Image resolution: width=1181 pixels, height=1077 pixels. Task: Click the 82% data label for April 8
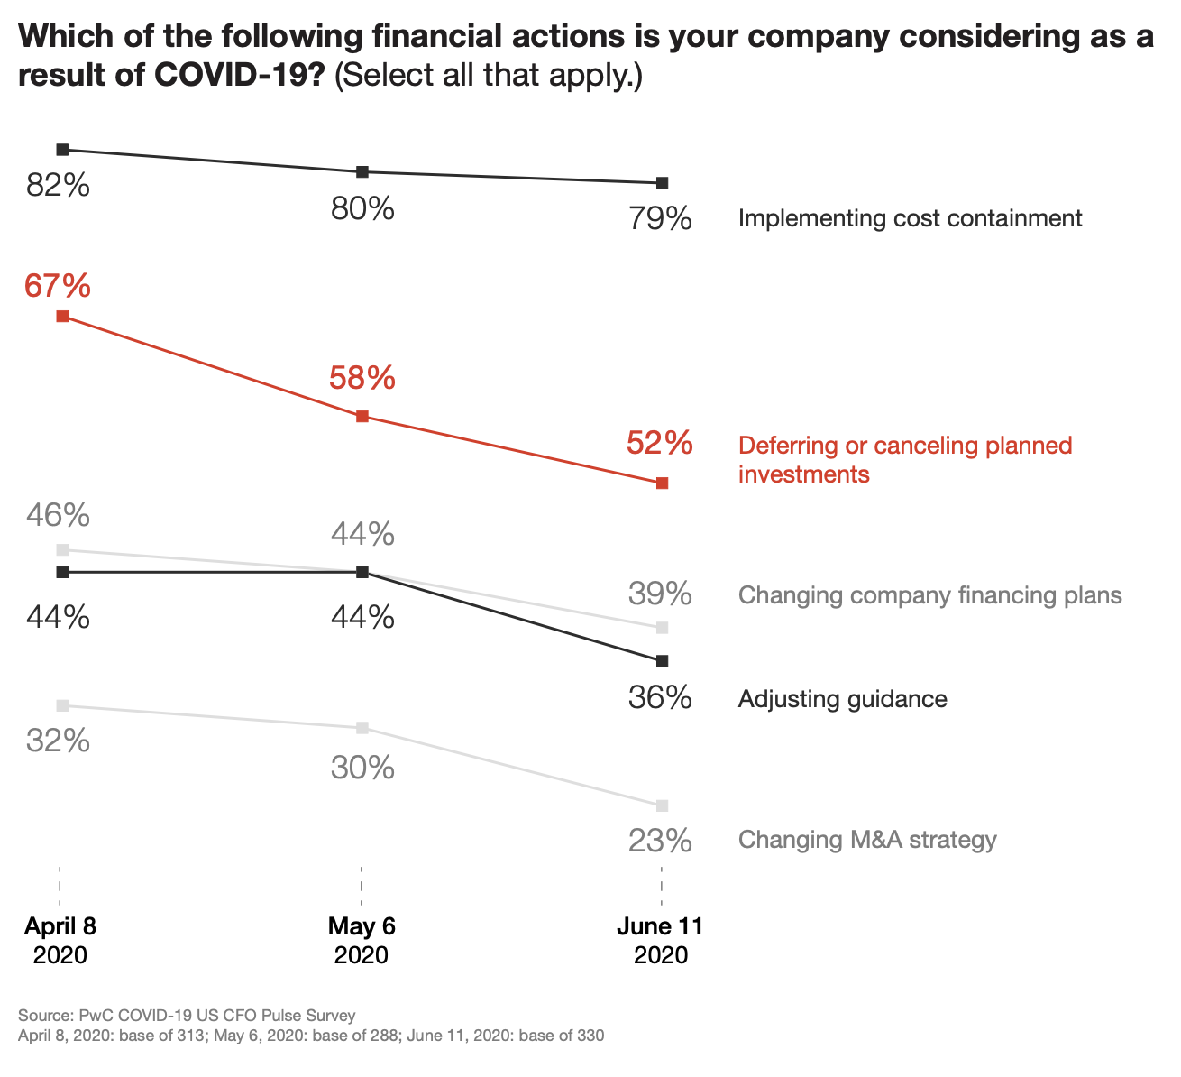(x=58, y=186)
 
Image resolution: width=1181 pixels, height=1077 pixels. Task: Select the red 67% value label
(x=58, y=286)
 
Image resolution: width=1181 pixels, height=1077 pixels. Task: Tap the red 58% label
(x=362, y=378)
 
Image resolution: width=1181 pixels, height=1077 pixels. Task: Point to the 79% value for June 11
(x=660, y=218)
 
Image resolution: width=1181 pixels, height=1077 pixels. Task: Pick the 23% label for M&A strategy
(x=660, y=841)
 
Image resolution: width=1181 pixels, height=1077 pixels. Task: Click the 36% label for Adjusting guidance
(x=660, y=698)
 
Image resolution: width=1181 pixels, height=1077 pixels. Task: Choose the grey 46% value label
(x=58, y=515)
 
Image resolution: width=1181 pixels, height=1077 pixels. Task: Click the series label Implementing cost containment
(x=910, y=218)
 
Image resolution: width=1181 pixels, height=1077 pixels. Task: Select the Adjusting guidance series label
(x=842, y=699)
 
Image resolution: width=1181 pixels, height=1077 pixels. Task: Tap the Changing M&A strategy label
(x=867, y=841)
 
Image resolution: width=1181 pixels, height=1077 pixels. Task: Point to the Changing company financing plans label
(x=929, y=595)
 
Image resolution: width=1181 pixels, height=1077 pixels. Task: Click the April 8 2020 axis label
(x=60, y=940)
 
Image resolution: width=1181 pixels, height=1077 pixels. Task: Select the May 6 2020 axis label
(x=362, y=940)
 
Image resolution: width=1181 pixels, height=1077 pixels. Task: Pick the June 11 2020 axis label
(x=661, y=940)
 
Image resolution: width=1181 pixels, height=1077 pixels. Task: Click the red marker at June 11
(x=663, y=483)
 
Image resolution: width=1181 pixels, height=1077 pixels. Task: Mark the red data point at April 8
(x=62, y=317)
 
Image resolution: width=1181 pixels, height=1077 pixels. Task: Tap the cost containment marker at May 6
(x=362, y=171)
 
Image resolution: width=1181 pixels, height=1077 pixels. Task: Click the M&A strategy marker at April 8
(x=62, y=705)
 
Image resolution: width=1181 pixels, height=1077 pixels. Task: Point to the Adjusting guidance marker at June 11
(x=663, y=661)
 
